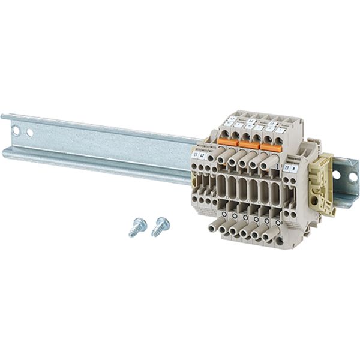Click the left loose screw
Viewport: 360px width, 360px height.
coord(137,227)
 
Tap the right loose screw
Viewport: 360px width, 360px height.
coord(160,226)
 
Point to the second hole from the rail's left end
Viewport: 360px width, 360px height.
coord(29,131)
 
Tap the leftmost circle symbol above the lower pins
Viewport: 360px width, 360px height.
coord(223,214)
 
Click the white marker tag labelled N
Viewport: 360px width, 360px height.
coord(293,169)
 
